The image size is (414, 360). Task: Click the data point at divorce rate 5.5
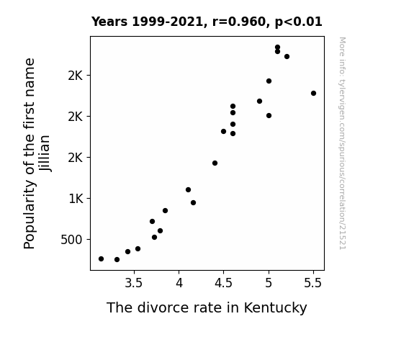[313, 93]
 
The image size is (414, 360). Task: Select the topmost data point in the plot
[277, 48]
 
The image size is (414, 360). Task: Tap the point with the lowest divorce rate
[101, 259]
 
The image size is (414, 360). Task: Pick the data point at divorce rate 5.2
[287, 57]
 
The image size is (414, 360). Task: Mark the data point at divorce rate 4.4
[215, 163]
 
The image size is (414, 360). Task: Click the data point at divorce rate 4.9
[259, 101]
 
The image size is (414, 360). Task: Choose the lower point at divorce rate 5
[269, 116]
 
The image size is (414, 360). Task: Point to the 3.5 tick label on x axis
[134, 284]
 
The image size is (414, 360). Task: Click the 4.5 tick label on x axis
[223, 284]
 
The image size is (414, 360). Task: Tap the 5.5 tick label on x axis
[313, 284]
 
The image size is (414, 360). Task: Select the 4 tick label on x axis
[179, 284]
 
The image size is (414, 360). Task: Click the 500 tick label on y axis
[71, 240]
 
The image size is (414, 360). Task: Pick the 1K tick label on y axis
[76, 199]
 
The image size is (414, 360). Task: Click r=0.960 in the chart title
[239, 22]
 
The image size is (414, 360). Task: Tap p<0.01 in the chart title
[299, 22]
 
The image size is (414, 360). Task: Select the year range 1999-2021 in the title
[167, 22]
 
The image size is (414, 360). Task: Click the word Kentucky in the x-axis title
[275, 308]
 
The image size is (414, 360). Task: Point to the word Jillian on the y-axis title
[45, 153]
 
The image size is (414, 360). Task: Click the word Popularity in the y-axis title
[29, 215]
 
